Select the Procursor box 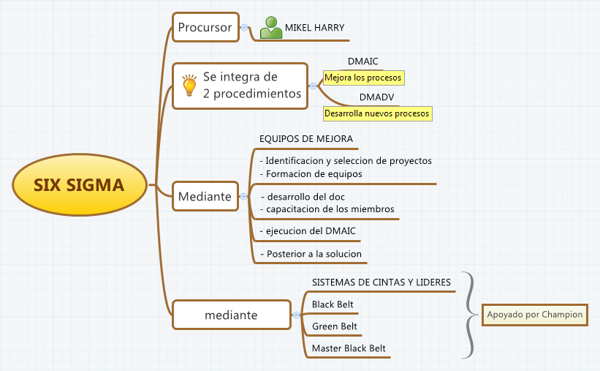coord(205,29)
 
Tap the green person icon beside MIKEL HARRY coord(270,28)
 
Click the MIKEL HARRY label coord(314,28)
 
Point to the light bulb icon coord(189,85)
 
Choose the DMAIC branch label coord(362,61)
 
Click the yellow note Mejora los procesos coord(363,77)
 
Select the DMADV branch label coord(377,97)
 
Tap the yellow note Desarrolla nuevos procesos coord(377,114)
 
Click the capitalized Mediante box coord(205,196)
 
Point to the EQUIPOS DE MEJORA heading coord(306,138)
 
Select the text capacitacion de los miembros coord(330,209)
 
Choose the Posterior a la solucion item coord(313,254)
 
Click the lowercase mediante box coord(231,315)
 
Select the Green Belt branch coord(335,326)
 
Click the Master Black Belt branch coord(349,348)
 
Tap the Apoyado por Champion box coord(535,315)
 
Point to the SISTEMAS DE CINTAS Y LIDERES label coord(381,282)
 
